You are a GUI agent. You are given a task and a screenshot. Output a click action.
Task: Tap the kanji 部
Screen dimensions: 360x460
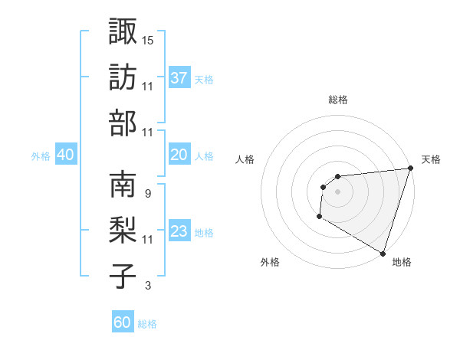pos(123,123)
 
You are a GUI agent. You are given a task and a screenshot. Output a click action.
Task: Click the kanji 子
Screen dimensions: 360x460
pos(123,277)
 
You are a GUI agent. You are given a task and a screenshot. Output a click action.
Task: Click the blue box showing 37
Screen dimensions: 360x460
pos(179,78)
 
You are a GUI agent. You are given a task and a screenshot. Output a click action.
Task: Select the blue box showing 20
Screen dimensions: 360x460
pos(179,155)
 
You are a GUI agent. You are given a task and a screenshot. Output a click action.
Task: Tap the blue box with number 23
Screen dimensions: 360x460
pos(179,231)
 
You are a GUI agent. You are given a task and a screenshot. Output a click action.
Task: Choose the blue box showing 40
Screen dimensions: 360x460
pos(65,155)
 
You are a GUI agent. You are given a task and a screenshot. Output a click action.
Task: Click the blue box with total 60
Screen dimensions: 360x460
pos(123,322)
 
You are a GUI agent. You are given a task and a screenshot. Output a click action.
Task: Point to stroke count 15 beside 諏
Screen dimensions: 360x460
pos(148,39)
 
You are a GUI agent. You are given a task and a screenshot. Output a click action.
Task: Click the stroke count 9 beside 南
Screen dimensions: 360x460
pos(147,193)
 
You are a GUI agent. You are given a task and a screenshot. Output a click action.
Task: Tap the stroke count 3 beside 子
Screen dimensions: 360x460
pos(147,286)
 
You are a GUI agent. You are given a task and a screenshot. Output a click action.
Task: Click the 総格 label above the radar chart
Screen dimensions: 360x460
pos(338,100)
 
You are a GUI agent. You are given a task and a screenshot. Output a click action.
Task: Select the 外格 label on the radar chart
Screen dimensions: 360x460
pos(270,263)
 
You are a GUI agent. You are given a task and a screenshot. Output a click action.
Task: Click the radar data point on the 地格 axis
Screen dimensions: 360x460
pos(382,253)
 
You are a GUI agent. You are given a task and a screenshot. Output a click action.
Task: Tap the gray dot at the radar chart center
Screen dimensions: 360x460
pos(337,191)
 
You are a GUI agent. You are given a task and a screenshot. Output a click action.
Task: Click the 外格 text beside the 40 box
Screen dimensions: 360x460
pos(41,155)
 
